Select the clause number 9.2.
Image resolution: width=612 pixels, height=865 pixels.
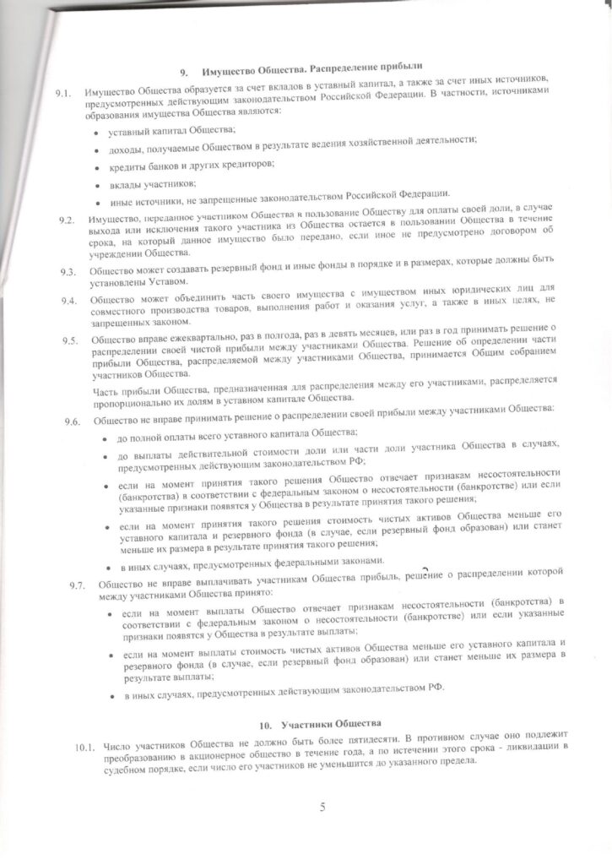coord(68,221)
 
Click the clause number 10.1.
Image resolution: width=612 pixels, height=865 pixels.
coord(85,747)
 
